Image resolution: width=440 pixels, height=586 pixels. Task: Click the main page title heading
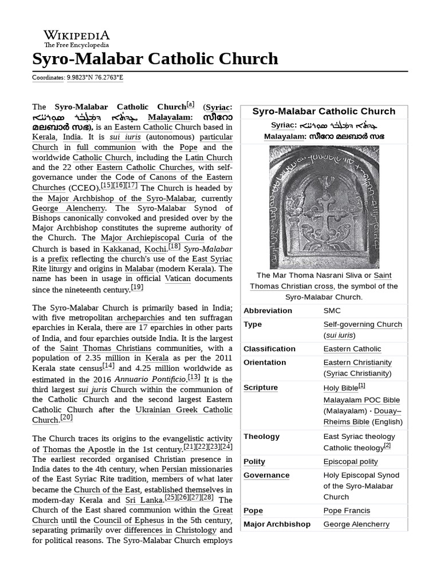pos(155,59)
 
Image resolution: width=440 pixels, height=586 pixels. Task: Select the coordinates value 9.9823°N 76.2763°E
pos(95,77)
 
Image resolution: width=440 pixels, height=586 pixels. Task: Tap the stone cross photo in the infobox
pos(324,207)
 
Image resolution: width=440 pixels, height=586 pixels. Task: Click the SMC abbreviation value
pos(332,311)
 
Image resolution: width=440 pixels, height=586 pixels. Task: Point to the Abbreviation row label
pos(268,311)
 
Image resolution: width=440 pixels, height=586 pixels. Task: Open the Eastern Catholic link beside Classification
pos(352,349)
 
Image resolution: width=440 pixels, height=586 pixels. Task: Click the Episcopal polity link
pos(351,462)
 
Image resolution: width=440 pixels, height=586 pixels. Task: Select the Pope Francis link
pos(347,510)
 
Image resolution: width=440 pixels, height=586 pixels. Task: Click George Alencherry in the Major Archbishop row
pos(356,524)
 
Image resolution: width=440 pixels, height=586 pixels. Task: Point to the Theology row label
pos(261,437)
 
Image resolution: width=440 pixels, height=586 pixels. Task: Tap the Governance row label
pos(266,476)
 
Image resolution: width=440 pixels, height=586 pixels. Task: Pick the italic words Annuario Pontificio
pos(151,379)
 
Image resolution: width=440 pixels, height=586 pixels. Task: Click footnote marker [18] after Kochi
pos(174,247)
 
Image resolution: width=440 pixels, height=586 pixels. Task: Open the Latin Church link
pos(211,157)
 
